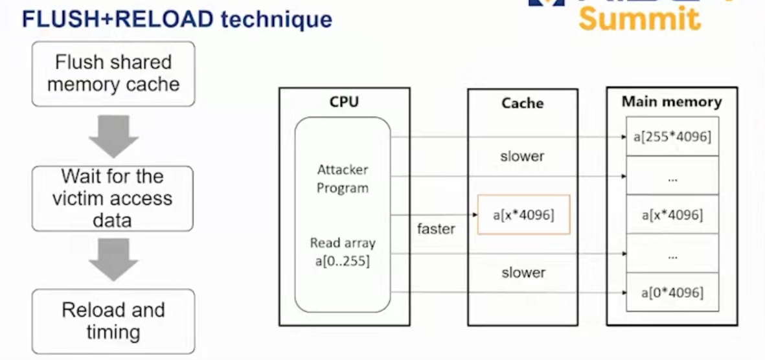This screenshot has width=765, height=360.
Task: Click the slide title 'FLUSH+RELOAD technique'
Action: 177,19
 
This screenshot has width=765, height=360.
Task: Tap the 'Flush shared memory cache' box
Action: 113,74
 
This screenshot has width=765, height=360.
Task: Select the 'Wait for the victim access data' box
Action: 113,198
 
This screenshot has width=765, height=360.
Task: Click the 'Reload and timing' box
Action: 113,321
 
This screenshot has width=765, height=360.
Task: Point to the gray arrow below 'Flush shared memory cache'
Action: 113,137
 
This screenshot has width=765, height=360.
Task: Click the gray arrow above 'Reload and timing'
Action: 113,260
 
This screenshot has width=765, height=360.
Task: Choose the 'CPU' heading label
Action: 344,102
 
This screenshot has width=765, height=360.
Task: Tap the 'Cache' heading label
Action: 522,103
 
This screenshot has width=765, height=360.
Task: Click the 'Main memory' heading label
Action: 672,102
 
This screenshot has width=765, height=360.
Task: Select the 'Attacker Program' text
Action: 343,179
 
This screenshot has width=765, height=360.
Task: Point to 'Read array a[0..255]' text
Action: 343,253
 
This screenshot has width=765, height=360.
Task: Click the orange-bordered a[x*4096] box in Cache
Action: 523,214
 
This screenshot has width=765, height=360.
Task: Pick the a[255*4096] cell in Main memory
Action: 672,137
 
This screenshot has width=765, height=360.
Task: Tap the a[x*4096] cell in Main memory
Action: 672,214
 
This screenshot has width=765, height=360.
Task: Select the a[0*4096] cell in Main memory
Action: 672,292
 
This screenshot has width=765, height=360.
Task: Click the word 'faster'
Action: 436,229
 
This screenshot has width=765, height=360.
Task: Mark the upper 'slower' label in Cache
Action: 522,156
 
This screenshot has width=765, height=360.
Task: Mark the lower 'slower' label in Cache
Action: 523,273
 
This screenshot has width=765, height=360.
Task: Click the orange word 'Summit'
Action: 639,18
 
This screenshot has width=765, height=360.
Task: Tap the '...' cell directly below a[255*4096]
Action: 672,175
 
